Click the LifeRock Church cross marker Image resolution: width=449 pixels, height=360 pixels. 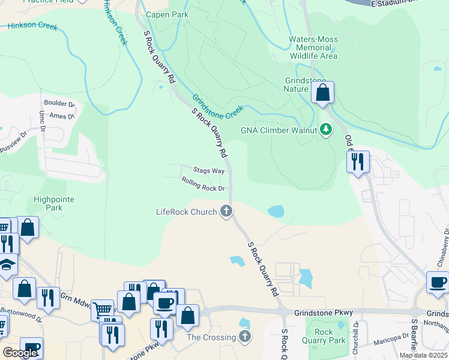226,211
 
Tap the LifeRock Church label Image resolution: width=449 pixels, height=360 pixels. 186,211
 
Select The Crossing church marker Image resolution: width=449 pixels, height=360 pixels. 244,337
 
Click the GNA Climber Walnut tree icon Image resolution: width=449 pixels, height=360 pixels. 326,130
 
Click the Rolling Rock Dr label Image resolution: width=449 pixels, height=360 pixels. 203,188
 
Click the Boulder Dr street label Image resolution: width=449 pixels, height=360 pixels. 58,103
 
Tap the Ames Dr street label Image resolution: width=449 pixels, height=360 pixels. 61,116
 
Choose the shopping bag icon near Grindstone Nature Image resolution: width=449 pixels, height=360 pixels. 322,93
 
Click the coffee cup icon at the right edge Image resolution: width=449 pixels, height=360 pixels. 437,282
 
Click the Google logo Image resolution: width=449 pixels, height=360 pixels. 20,352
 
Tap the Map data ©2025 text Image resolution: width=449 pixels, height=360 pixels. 423,355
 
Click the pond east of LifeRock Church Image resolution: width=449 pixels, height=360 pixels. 276,211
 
